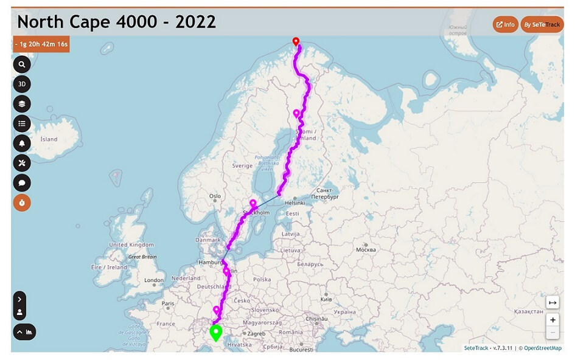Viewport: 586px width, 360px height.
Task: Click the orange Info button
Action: click(505, 24)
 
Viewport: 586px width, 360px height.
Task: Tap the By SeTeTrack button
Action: click(542, 24)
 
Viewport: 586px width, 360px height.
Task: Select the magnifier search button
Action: click(22, 64)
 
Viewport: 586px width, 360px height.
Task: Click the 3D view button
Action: click(22, 84)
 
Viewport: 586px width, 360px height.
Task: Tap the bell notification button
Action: click(22, 143)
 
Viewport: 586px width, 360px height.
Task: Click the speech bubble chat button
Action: click(22, 182)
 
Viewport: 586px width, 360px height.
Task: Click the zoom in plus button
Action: click(553, 320)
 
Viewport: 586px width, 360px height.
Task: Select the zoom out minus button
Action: click(553, 333)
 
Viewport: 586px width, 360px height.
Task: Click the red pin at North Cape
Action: click(296, 41)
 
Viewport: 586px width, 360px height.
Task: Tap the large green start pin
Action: click(215, 333)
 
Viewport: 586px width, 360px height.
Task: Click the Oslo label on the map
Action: click(215, 196)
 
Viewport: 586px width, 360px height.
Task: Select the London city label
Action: click(154, 280)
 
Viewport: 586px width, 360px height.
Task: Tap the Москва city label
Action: click(365, 249)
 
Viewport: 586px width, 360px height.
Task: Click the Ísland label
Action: click(49, 139)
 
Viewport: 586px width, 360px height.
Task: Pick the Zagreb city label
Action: click(255, 334)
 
